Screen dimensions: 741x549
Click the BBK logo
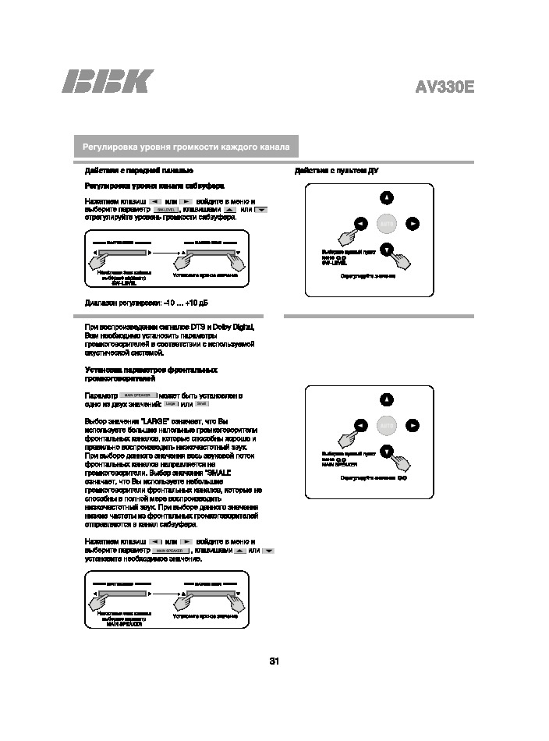click(108, 82)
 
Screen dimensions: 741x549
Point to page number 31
click(274, 661)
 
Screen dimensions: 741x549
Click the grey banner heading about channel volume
click(186, 147)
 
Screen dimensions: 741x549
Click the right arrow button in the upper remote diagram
click(413, 224)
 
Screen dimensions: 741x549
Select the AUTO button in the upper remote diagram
click(388, 224)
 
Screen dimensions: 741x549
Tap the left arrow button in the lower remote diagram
click(361, 425)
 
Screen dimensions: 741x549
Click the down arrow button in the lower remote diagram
click(388, 451)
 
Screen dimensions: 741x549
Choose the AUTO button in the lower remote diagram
click(388, 425)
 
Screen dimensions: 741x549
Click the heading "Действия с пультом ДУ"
click(336, 171)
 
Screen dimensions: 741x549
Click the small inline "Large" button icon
click(172, 403)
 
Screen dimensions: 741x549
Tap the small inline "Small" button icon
click(201, 403)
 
